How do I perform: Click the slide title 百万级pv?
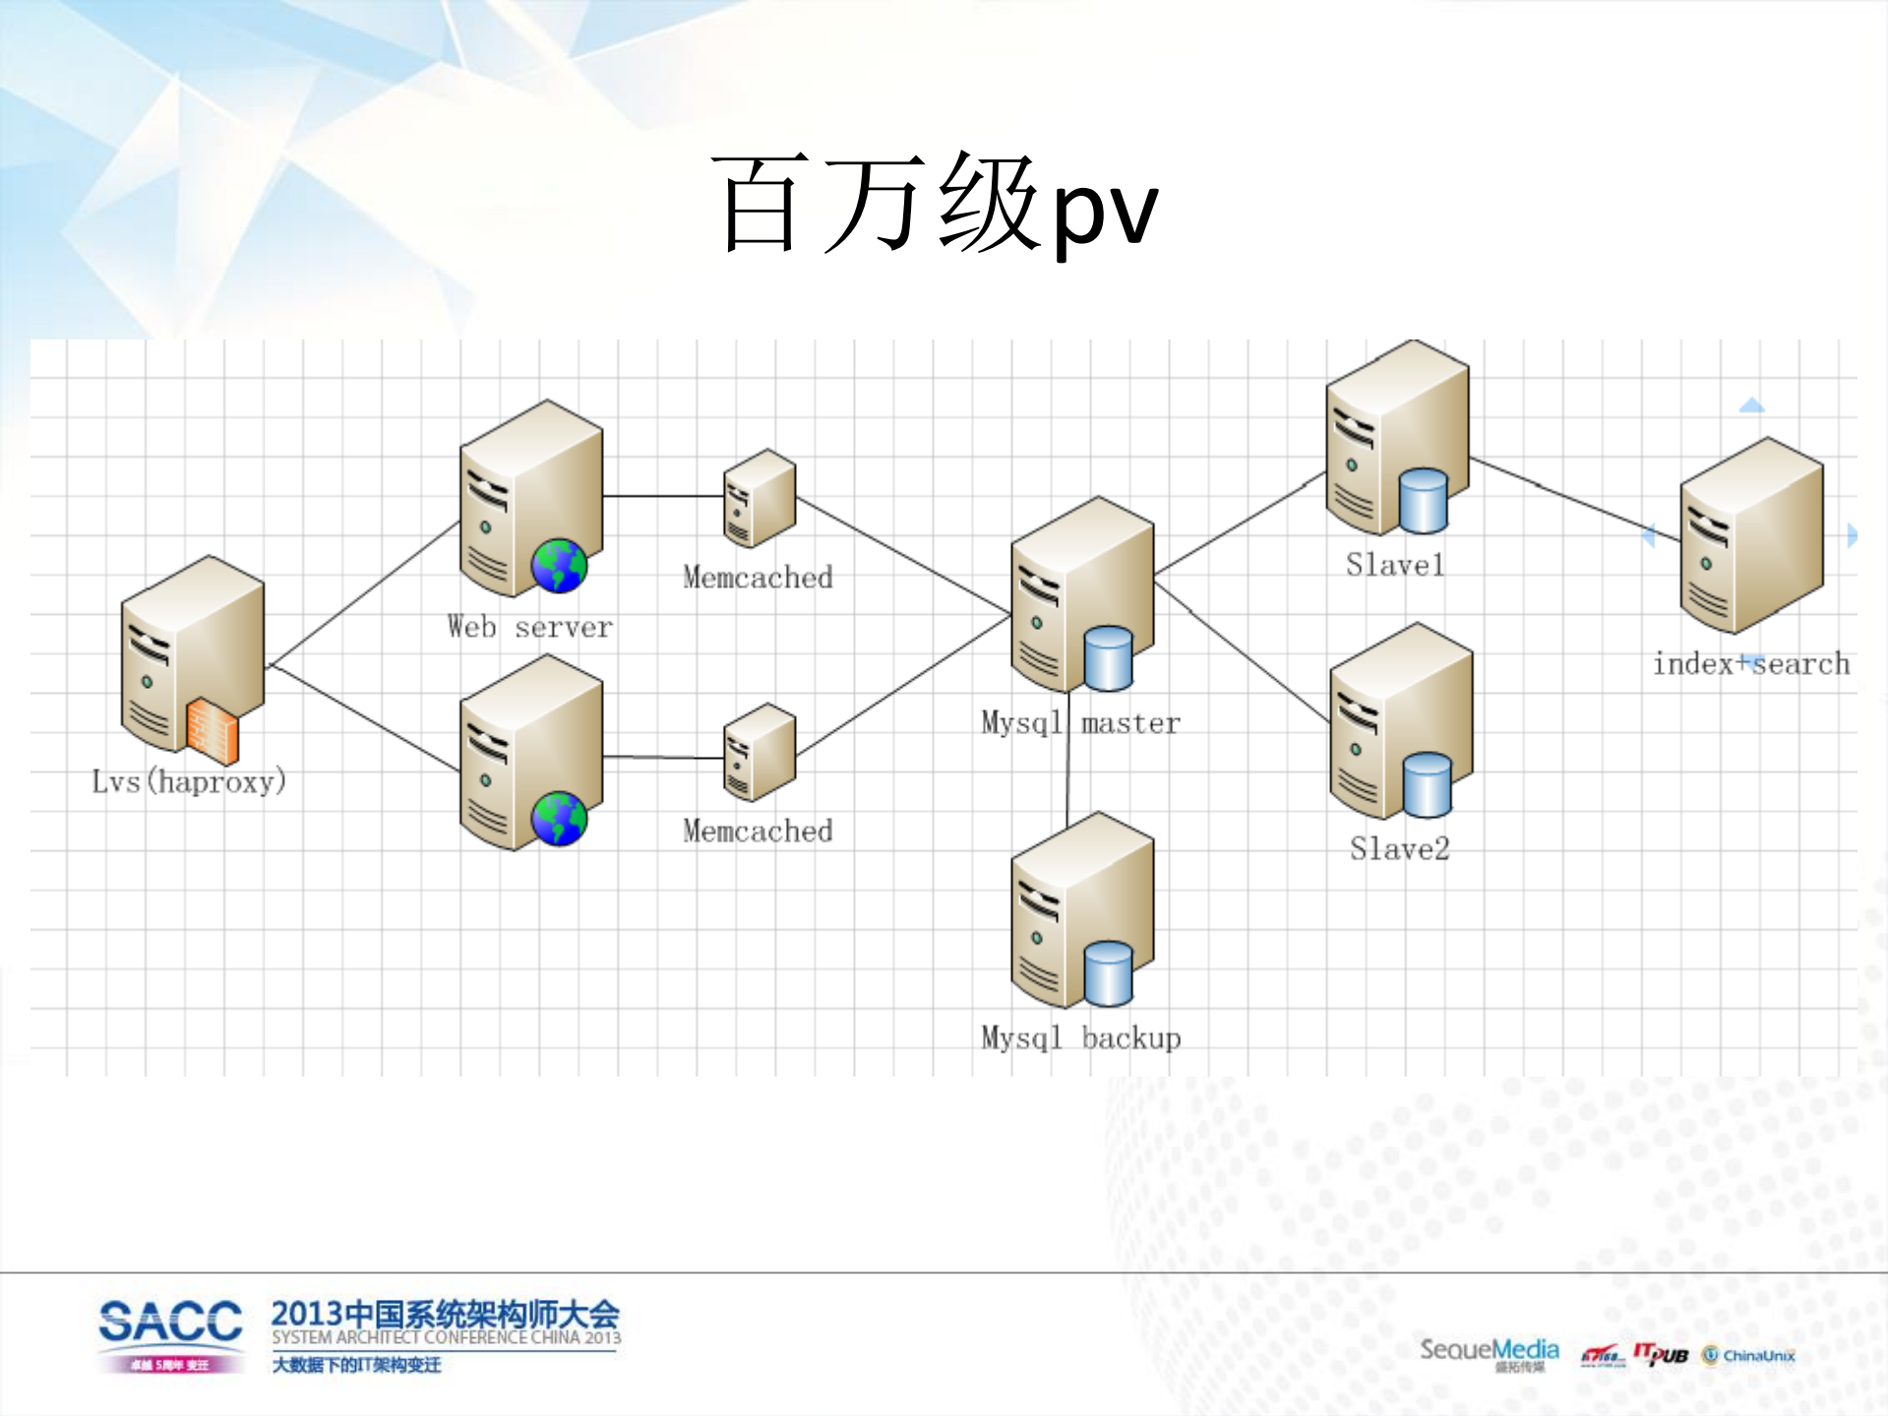[935, 205]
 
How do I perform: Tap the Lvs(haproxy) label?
[189, 781]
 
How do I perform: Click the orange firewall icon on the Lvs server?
[213, 731]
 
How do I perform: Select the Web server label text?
[529, 627]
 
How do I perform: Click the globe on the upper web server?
[559, 566]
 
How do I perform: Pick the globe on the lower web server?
[559, 819]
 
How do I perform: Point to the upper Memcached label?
[758, 577]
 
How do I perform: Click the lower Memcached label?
[758, 831]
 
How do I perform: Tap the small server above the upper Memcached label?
[759, 497]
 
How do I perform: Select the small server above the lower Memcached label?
[759, 751]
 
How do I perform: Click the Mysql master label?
[1080, 723]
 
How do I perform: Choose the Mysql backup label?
[1080, 1038]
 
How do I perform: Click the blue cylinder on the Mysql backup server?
[1109, 973]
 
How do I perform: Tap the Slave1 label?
[1395, 565]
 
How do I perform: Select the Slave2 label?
[1399, 848]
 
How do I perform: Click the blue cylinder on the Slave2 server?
[1427, 784]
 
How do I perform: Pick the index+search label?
[1751, 664]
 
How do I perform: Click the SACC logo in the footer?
[170, 1323]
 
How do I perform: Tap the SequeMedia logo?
[1489, 1351]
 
